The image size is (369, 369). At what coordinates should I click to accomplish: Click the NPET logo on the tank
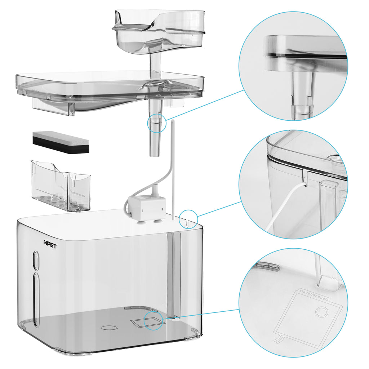(50, 244)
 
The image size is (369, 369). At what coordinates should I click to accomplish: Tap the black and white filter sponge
(61, 142)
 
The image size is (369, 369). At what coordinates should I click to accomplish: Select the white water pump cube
(146, 205)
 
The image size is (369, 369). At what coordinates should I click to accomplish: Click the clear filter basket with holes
(61, 186)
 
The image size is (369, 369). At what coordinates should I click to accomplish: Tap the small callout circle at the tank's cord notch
(188, 219)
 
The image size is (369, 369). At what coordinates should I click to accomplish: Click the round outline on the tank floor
(109, 327)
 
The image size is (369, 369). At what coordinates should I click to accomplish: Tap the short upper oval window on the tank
(36, 260)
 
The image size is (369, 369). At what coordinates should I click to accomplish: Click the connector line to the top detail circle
(205, 105)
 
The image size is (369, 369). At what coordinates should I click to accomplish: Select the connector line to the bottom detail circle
(201, 314)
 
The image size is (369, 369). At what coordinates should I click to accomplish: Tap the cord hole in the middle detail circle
(306, 185)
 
